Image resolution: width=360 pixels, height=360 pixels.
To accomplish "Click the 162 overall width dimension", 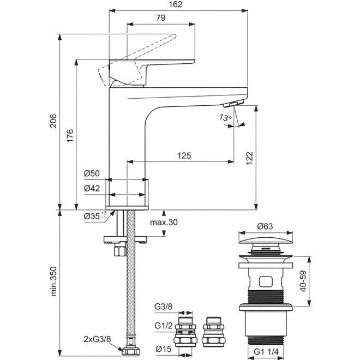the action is click(176, 4).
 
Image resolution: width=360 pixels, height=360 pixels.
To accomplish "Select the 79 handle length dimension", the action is click(161, 17).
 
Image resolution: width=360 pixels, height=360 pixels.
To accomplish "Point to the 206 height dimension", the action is click(53, 121).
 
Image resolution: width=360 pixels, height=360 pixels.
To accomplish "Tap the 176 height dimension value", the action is click(70, 136).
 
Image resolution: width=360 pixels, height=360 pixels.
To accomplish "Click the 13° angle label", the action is click(225, 118).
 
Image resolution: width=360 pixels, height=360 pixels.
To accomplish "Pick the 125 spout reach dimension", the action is click(184, 155).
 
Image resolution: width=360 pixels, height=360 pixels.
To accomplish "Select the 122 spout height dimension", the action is click(249, 158).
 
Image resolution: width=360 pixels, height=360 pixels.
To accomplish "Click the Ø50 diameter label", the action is click(92, 173).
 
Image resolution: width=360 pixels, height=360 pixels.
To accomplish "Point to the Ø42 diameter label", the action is click(92, 188).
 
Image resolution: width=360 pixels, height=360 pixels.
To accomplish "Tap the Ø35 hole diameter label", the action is click(95, 216).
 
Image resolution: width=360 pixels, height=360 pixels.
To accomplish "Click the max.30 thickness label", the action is click(164, 222).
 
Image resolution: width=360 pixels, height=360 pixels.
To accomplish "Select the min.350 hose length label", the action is click(53, 281).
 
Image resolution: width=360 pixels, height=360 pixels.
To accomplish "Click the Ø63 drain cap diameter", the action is click(265, 226).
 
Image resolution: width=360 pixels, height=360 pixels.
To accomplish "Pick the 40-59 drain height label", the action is click(303, 281).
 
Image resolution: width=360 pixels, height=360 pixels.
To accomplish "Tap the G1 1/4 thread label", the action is click(266, 351).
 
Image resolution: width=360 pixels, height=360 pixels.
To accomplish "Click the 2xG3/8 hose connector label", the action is click(97, 339).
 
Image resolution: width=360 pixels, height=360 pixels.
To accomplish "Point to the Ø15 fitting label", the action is click(164, 349).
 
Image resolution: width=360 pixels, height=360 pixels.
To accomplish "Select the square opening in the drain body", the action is click(266, 281).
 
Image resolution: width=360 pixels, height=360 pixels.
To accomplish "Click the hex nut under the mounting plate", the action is click(121, 250).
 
